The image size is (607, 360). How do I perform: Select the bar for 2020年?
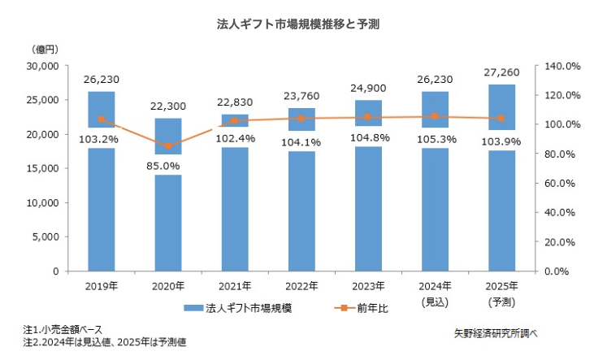[167, 219]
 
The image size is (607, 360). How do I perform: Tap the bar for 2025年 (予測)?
[501, 211]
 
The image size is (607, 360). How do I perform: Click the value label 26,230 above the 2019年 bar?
[101, 80]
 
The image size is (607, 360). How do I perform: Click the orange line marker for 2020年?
[168, 146]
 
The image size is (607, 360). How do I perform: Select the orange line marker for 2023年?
[368, 117]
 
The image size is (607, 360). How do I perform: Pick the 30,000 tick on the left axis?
[41, 65]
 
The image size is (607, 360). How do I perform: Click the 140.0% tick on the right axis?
[560, 65]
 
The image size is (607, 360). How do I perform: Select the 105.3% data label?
[435, 139]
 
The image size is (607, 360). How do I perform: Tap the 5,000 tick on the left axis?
[44, 236]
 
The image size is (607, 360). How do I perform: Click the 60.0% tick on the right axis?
[562, 183]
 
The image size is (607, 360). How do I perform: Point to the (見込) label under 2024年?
[435, 301]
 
